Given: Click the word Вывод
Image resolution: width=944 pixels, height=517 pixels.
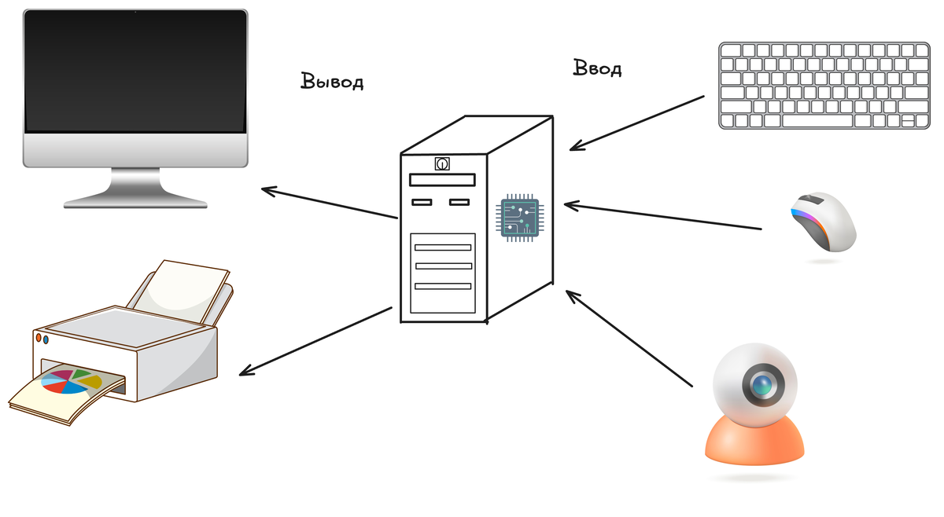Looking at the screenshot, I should pos(332,81).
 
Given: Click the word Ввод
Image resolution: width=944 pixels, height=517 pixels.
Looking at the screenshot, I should pos(597,68).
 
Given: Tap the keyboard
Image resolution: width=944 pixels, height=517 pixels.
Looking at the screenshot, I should pos(824,85).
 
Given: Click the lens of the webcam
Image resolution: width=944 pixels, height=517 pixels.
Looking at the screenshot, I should pos(761,385).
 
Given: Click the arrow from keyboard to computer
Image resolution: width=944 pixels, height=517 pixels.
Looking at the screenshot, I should pos(637,123).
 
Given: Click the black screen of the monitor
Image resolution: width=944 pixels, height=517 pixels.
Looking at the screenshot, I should pos(135,71).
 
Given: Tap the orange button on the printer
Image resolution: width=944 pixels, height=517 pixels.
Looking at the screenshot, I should pos(39,338).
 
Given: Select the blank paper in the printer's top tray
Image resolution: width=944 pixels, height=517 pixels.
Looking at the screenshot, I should pos(189,287).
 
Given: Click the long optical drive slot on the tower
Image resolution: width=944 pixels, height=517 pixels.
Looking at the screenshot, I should pos(443,181).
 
